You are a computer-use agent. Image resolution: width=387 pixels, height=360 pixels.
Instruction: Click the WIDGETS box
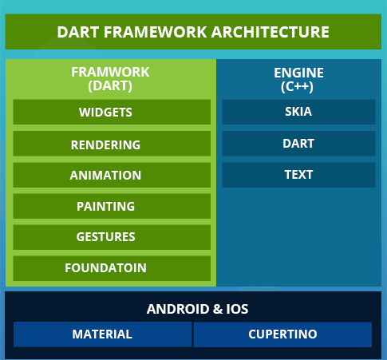point(112,112)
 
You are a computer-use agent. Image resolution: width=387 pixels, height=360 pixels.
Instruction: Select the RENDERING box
point(112,144)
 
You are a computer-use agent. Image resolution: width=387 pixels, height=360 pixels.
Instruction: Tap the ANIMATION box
point(112,175)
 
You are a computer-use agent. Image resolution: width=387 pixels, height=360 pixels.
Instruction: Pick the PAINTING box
point(112,206)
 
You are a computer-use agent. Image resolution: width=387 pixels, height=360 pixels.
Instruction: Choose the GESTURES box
point(112,237)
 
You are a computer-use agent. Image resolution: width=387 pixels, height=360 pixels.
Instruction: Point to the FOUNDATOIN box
point(112,268)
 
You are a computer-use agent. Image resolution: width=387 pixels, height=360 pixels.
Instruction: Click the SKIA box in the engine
point(298,112)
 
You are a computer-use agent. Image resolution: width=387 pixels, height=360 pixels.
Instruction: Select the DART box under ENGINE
point(298,144)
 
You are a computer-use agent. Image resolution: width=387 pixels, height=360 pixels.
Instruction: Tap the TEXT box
point(298,175)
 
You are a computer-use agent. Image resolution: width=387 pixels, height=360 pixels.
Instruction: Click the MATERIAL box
point(102,334)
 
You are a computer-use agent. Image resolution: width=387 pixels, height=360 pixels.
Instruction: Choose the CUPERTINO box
point(282,334)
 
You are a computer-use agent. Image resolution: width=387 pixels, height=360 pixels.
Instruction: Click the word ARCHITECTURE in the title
point(271,32)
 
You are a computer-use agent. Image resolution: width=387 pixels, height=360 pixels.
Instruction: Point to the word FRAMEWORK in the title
point(156,32)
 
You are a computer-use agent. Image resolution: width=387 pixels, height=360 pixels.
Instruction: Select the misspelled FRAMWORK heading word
point(110,72)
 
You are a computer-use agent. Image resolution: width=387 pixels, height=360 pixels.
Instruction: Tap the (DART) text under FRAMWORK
point(110,86)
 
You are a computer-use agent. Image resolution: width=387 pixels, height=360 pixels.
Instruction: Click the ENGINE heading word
point(298,73)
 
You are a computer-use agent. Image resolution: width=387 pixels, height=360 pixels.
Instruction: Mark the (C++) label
point(297,86)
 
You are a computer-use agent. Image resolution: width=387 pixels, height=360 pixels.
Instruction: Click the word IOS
point(237,309)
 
